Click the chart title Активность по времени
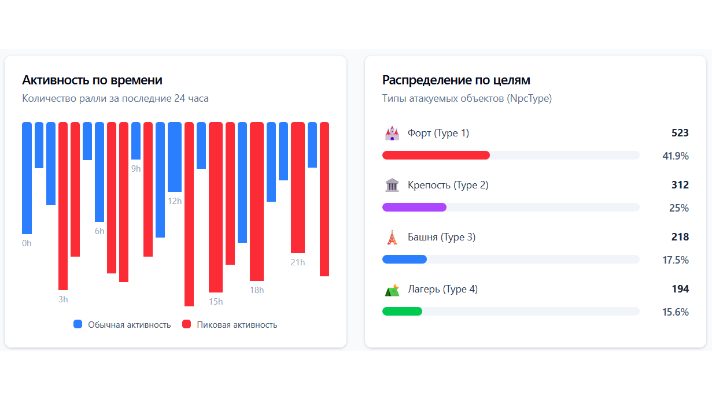coord(92,80)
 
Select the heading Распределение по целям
coord(456,80)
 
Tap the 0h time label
coord(27,243)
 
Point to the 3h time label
coord(63,299)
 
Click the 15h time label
coord(216,302)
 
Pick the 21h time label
coord(298,262)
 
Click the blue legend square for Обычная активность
coord(78,324)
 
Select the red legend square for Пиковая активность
coord(187,324)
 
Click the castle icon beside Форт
coord(392,134)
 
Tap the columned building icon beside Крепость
coord(392,186)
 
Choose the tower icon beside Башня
coord(392,238)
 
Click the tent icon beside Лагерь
coord(392,290)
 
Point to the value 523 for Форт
coord(680,133)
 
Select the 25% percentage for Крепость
coord(678,208)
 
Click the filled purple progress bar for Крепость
coord(414,207)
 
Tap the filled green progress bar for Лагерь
coord(402,311)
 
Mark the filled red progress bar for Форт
coord(436,155)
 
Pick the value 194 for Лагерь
coord(680,289)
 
